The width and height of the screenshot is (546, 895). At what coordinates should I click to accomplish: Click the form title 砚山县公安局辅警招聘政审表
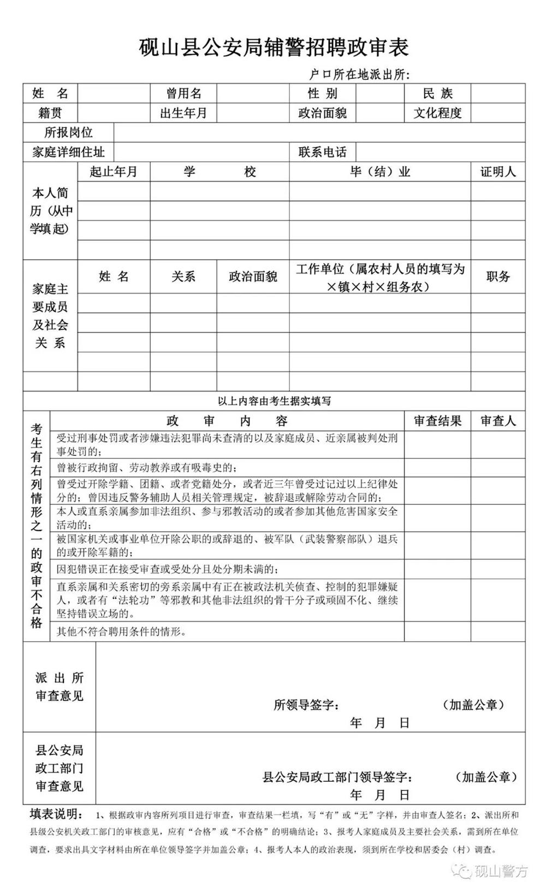(x=274, y=47)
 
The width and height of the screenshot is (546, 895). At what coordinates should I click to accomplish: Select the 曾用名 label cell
(x=183, y=93)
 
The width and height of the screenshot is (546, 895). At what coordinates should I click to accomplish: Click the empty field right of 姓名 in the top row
(x=114, y=93)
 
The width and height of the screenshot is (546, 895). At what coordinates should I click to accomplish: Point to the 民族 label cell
(x=438, y=93)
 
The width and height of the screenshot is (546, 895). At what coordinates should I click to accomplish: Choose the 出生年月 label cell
(x=183, y=113)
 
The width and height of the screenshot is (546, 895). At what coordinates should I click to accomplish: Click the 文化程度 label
(x=438, y=113)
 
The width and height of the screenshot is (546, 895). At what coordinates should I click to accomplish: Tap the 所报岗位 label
(x=68, y=133)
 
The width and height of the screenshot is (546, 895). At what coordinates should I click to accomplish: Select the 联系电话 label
(x=322, y=152)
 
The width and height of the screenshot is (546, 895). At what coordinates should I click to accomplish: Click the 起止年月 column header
(x=114, y=172)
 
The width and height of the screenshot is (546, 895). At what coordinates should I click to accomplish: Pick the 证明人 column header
(x=497, y=172)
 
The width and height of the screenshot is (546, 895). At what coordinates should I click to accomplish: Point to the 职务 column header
(x=497, y=277)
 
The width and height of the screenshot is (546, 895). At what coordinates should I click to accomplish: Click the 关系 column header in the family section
(x=183, y=277)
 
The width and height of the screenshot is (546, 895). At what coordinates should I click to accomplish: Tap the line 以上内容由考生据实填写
(x=274, y=401)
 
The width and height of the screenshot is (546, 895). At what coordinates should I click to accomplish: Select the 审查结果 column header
(x=437, y=421)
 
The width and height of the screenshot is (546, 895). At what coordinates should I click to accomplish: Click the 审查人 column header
(x=497, y=421)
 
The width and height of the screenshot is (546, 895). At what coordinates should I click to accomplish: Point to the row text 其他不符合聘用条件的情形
(x=122, y=632)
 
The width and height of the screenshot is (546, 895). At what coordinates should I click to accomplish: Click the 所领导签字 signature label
(x=306, y=705)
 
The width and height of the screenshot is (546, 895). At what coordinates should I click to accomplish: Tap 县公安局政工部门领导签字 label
(x=337, y=777)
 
